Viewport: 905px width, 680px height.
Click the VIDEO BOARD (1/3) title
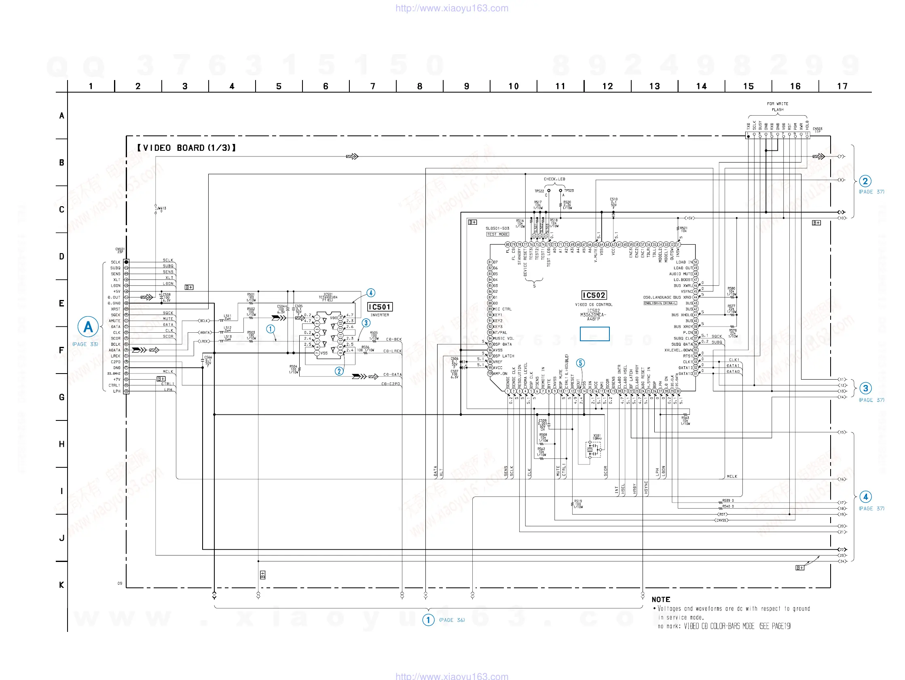pyautogui.click(x=186, y=148)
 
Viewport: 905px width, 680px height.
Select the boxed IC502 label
pyautogui.click(x=594, y=295)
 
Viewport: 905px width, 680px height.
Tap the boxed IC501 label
pyautogui.click(x=380, y=307)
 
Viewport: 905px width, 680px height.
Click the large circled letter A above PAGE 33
pyautogui.click(x=88, y=327)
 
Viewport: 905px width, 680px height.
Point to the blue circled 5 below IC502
pyautogui.click(x=580, y=363)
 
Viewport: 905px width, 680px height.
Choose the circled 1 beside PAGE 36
pyautogui.click(x=428, y=620)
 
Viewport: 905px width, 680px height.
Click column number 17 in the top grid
pyautogui.click(x=842, y=87)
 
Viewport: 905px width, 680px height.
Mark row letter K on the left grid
pyautogui.click(x=61, y=585)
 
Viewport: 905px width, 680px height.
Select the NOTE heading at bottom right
pyautogui.click(x=661, y=600)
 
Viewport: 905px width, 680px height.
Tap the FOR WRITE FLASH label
pyautogui.click(x=777, y=106)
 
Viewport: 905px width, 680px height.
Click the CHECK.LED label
pyautogui.click(x=554, y=179)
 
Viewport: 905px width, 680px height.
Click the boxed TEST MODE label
pyautogui.click(x=497, y=234)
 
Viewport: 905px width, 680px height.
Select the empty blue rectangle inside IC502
pyautogui.click(x=594, y=334)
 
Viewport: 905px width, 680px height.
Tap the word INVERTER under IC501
pyautogui.click(x=380, y=315)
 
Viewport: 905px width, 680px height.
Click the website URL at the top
pyautogui.click(x=452, y=8)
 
